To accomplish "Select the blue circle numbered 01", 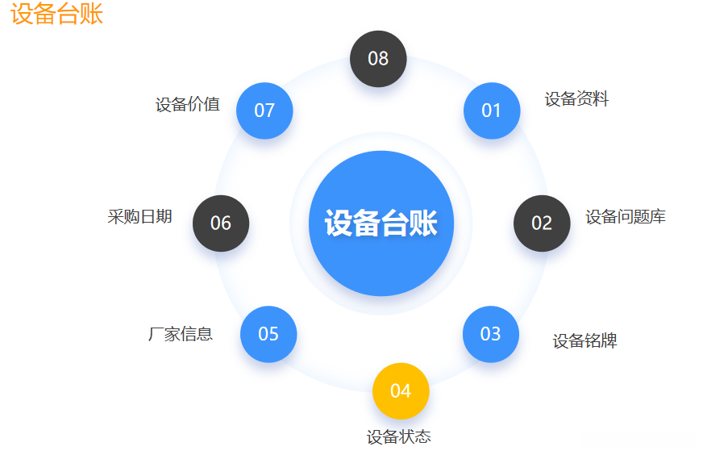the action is [x=492, y=111].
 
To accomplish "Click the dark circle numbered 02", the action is [x=542, y=223].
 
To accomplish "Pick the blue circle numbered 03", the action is [x=491, y=334].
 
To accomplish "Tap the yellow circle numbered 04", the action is [x=401, y=391].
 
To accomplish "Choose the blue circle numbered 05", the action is [x=268, y=334].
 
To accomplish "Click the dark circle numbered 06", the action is [x=221, y=223].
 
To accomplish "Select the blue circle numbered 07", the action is [x=264, y=111].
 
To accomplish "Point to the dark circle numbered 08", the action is [x=378, y=58].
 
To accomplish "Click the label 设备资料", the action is [x=576, y=100].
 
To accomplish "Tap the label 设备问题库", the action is [x=626, y=217].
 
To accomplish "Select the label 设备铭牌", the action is [x=584, y=341].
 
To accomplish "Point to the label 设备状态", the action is [x=398, y=437].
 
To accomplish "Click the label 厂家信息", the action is [x=181, y=334].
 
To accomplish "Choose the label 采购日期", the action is [x=139, y=217].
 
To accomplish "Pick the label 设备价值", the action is [x=188, y=105].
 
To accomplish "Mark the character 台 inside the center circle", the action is [x=395, y=223].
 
